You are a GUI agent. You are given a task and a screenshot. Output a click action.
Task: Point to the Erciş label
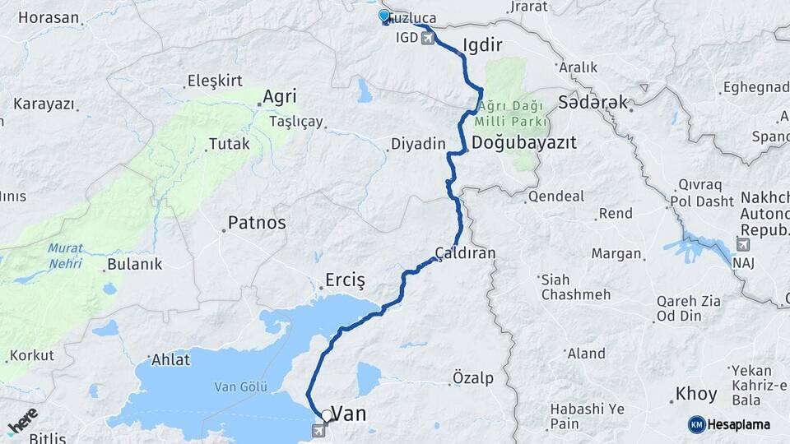345,280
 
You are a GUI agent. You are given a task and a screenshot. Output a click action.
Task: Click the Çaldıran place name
466,253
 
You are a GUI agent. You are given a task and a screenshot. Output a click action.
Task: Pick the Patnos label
257,222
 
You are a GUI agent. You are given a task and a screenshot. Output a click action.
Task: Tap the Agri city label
279,97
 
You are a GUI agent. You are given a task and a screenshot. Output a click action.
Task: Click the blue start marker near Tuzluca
384,16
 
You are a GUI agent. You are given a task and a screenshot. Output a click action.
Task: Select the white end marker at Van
328,416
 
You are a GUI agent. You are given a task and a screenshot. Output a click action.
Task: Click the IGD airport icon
427,38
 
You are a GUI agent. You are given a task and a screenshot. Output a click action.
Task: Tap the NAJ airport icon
743,245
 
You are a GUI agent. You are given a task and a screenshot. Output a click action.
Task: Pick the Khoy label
695,394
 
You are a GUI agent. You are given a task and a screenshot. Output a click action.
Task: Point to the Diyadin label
417,144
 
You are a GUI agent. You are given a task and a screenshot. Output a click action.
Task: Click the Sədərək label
592,102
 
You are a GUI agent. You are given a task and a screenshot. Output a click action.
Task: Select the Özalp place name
473,378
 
